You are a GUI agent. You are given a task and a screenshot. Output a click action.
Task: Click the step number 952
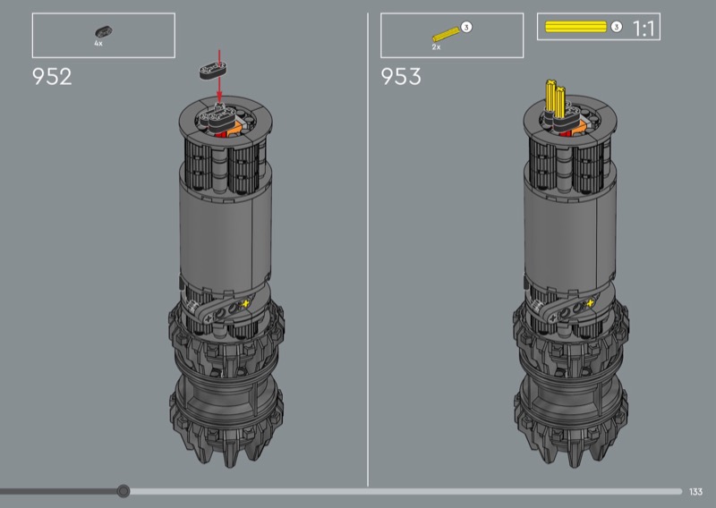click(52, 77)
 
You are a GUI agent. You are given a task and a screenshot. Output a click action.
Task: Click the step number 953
click(401, 77)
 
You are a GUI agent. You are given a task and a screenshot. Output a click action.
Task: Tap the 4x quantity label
click(98, 43)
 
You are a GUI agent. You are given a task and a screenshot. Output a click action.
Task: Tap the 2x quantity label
click(436, 47)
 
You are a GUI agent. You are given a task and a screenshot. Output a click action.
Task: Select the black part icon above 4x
click(103, 32)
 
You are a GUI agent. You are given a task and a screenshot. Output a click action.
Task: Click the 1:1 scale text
click(644, 29)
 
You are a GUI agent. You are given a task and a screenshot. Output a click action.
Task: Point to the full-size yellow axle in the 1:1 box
click(575, 27)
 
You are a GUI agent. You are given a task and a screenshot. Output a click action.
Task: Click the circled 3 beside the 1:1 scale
click(617, 27)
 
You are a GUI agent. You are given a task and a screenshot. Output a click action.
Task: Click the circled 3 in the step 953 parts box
click(465, 28)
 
